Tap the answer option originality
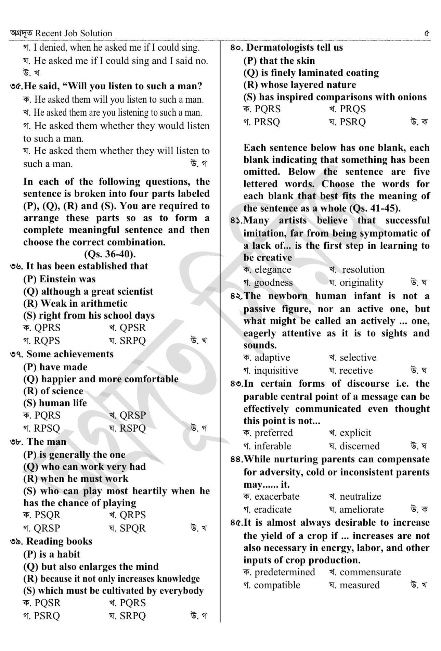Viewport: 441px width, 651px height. [x=361, y=283]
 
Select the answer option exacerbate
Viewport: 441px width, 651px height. [x=277, y=497]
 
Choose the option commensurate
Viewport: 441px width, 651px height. [x=370, y=572]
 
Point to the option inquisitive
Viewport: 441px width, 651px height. [x=276, y=371]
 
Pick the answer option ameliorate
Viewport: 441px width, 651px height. [x=361, y=510]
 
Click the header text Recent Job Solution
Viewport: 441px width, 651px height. [x=74, y=34]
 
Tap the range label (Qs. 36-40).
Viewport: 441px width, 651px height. [x=110, y=254]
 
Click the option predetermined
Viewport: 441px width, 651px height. [x=285, y=572]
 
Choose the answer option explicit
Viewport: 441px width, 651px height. [x=355, y=433]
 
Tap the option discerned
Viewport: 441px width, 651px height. [x=360, y=446]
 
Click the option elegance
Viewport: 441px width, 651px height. [x=273, y=270]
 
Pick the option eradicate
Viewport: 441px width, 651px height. [x=273, y=510]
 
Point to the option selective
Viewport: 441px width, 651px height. [x=358, y=358]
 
